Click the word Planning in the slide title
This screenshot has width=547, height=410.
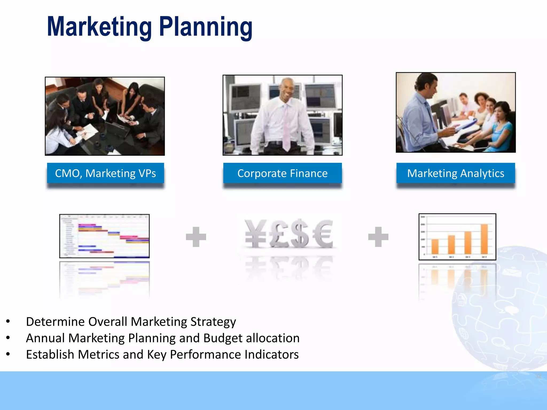click(x=206, y=27)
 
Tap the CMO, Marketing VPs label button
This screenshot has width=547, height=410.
click(x=106, y=173)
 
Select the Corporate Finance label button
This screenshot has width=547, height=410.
click(x=282, y=173)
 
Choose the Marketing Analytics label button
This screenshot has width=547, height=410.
click(x=456, y=173)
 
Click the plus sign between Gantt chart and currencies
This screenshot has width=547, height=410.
click(x=196, y=237)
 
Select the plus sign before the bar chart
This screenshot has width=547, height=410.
click(x=378, y=237)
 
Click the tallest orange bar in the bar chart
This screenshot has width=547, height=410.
click(x=484, y=239)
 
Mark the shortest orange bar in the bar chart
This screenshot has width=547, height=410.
click(x=435, y=246)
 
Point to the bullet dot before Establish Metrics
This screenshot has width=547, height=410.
click(x=8, y=354)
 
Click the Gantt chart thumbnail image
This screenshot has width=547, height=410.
click(x=104, y=236)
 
